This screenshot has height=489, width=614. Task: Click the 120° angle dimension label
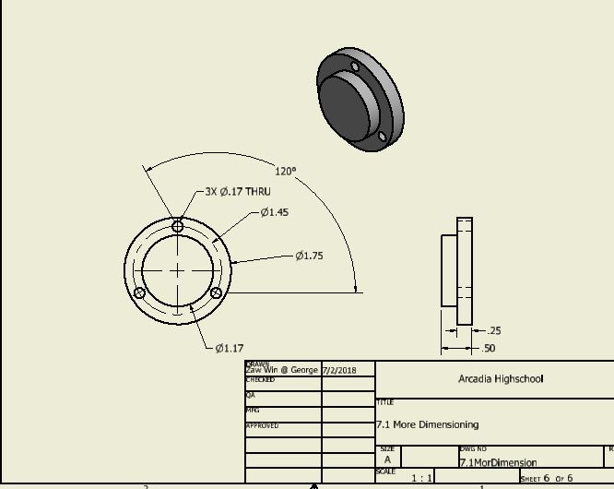click(x=285, y=171)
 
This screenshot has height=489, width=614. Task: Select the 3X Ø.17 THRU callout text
click(x=238, y=192)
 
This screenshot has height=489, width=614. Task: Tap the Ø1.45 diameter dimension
click(x=274, y=212)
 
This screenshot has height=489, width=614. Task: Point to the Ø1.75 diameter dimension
click(x=309, y=256)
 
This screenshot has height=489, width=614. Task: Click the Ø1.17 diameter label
click(x=230, y=348)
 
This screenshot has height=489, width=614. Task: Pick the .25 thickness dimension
click(x=493, y=330)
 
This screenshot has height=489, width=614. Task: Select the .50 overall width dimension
click(x=489, y=349)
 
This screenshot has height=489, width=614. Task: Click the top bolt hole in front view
click(x=178, y=226)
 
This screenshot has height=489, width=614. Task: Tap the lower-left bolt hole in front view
click(x=140, y=293)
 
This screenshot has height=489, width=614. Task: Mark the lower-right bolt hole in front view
click(x=216, y=293)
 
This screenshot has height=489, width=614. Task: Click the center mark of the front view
click(x=178, y=269)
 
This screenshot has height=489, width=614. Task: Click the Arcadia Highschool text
click(x=501, y=378)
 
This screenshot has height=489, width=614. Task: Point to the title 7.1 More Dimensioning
click(x=427, y=424)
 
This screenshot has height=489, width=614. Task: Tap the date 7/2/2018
click(x=338, y=370)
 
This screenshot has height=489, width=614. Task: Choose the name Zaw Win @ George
click(x=281, y=370)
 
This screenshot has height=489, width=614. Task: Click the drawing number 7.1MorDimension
click(x=498, y=462)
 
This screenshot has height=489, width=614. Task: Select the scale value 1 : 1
click(x=422, y=478)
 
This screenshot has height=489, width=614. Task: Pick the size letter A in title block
click(x=387, y=459)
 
